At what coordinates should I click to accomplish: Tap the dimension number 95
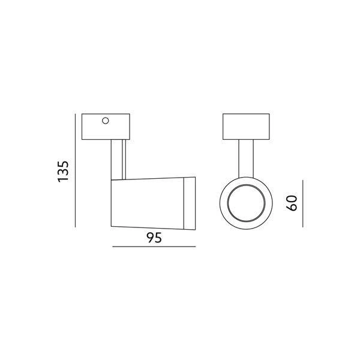(154, 238)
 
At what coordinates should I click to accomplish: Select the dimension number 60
(293, 203)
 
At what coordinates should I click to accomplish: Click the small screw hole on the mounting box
(106, 121)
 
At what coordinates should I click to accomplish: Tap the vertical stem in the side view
(118, 158)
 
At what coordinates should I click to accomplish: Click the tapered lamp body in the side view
(150, 203)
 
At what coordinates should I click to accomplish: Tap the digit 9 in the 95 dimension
(150, 238)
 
